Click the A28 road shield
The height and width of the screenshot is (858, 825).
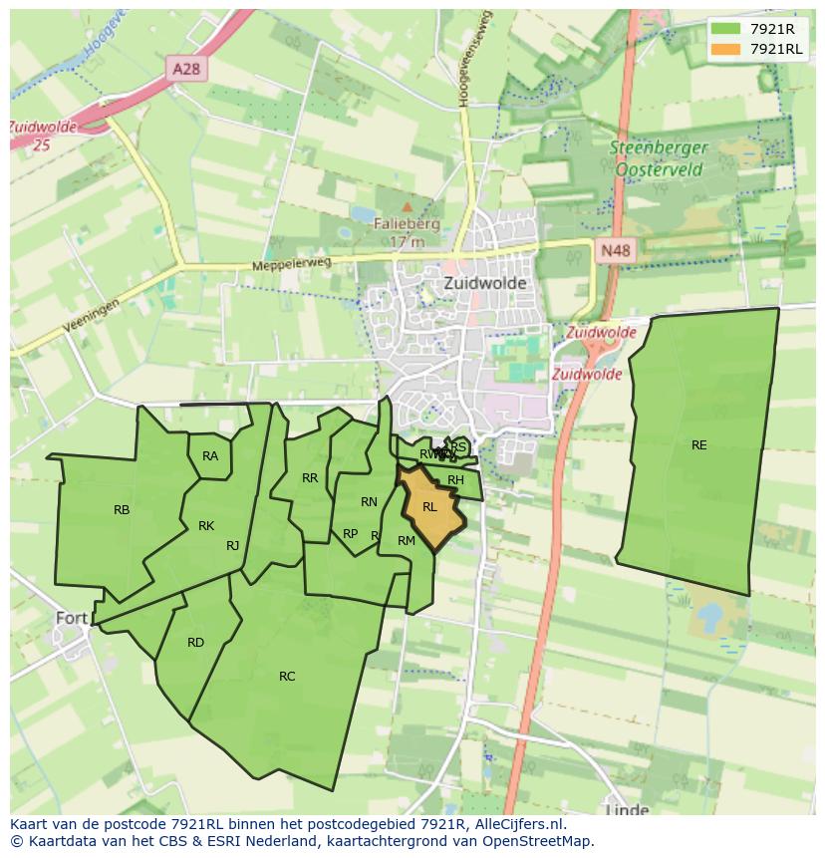pyautogui.click(x=186, y=69)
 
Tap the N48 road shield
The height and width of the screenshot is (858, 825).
pyautogui.click(x=615, y=251)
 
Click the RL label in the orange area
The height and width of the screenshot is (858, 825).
pyautogui.click(x=429, y=507)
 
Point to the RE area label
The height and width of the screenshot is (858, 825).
pyautogui.click(x=698, y=445)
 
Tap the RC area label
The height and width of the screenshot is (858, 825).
pyautogui.click(x=287, y=677)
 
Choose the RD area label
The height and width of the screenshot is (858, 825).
pyautogui.click(x=195, y=643)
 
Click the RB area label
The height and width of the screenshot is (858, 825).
pyautogui.click(x=122, y=510)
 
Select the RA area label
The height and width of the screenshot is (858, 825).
pyautogui.click(x=210, y=456)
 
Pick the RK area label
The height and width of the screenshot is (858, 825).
pyautogui.click(x=206, y=526)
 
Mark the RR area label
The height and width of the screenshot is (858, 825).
pyautogui.click(x=310, y=478)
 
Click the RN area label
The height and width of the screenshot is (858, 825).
pyautogui.click(x=369, y=502)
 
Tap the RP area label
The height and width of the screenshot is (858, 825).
pyautogui.click(x=350, y=534)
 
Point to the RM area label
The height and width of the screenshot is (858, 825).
pyautogui.click(x=406, y=541)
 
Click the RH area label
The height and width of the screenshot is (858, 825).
pyautogui.click(x=455, y=480)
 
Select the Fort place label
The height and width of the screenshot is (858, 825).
pyautogui.click(x=72, y=618)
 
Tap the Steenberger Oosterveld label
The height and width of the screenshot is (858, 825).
pyautogui.click(x=660, y=158)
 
